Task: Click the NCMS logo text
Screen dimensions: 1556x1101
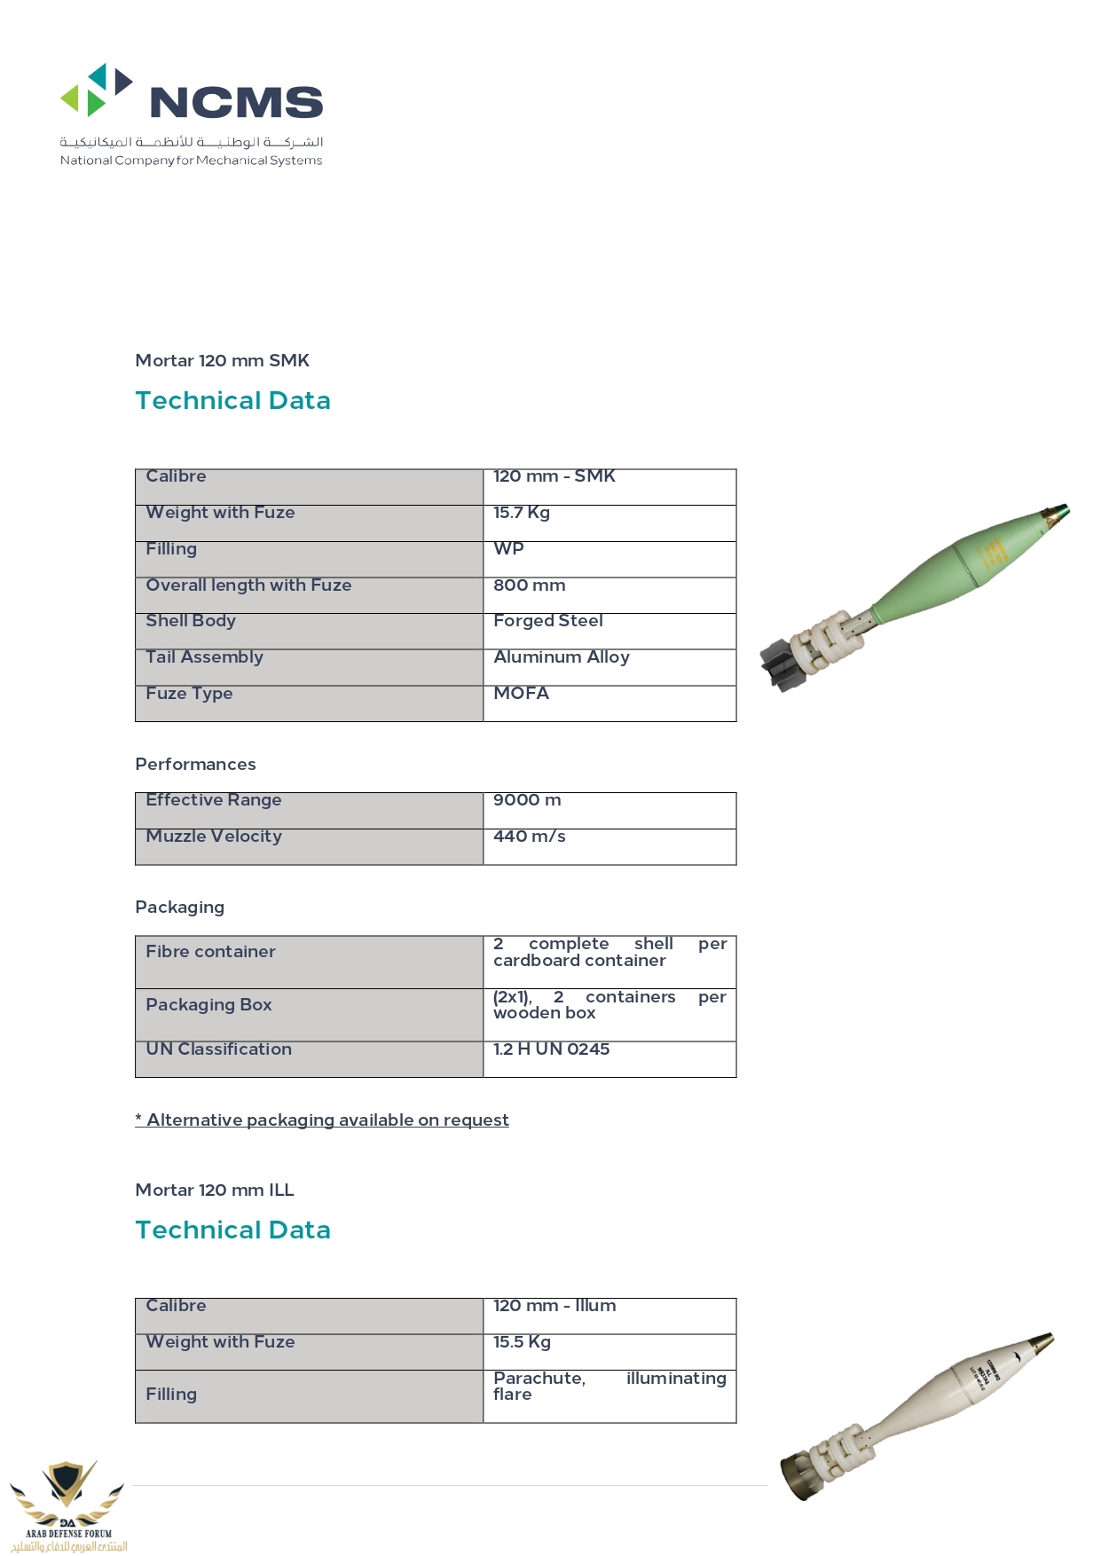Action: pos(236,103)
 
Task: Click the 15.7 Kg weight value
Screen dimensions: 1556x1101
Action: pos(522,513)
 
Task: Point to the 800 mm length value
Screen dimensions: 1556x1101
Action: pos(529,585)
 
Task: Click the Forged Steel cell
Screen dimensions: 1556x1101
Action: pos(547,621)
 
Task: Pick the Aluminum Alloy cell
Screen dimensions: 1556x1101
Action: pos(561,657)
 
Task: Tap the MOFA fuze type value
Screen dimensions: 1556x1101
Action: pos(521,694)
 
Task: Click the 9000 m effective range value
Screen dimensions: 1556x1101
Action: pos(527,800)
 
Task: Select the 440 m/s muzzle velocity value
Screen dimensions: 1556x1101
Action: pos(529,837)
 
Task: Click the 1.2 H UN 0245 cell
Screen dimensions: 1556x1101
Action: pos(551,1049)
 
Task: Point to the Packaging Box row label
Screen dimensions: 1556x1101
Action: pos(208,1005)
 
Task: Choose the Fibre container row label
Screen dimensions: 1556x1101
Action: pos(210,952)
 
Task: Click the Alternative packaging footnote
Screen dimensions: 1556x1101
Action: pos(322,1120)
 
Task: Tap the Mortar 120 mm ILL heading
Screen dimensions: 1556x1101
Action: pos(214,1191)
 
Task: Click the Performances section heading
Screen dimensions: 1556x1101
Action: pos(195,765)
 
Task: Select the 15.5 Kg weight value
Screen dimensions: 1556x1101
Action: pos(522,1342)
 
